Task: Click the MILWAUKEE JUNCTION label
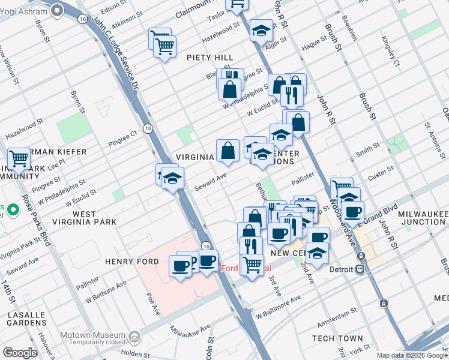[x=417, y=218]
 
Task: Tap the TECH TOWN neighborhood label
[x=337, y=338]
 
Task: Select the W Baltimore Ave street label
[x=277, y=307]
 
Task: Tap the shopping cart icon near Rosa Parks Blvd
[x=19, y=159]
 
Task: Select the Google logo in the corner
[x=20, y=353]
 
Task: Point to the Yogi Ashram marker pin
[x=58, y=10]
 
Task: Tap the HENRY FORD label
[x=131, y=262]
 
